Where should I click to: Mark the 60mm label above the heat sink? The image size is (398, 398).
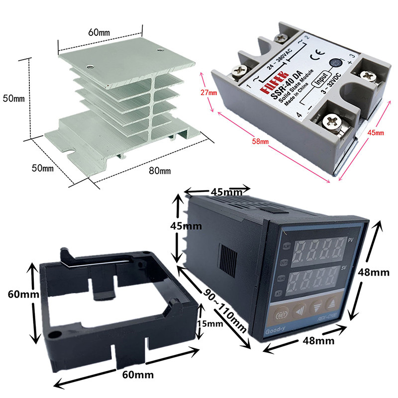[x=99, y=32]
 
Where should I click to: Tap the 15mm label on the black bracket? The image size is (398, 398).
[x=209, y=324]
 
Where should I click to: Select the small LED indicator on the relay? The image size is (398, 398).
[x=337, y=63]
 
